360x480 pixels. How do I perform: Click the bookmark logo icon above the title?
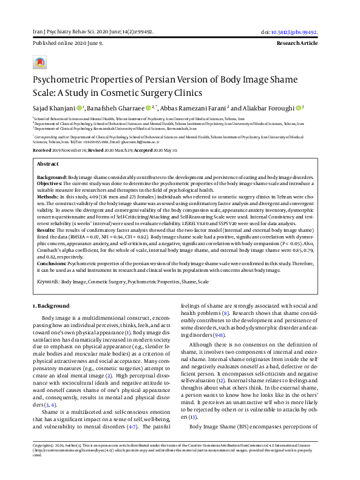tap(39, 63)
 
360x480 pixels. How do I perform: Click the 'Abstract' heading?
tap(48, 164)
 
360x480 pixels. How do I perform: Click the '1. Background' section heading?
tap(52, 305)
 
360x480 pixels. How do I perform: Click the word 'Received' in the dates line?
tap(42, 149)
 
